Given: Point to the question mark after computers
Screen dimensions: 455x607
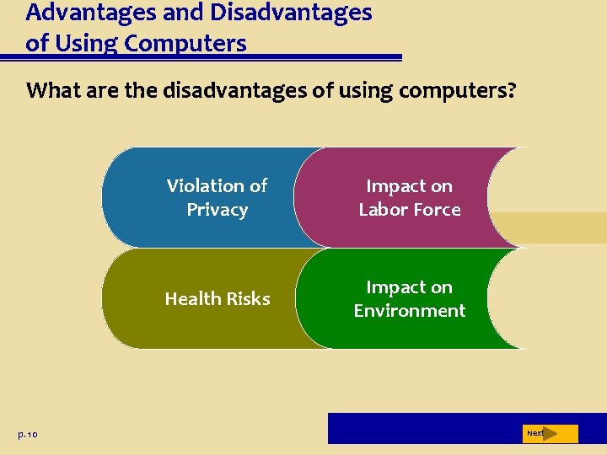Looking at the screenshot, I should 512,90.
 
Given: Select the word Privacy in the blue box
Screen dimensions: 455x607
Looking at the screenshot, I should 217,209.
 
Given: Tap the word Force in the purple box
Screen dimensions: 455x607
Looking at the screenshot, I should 438,209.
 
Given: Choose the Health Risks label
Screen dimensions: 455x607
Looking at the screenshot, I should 218,298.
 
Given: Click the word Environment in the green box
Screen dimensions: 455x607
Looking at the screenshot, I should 409,310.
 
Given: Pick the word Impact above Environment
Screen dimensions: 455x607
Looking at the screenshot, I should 409,287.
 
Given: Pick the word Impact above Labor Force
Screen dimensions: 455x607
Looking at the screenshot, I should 409,186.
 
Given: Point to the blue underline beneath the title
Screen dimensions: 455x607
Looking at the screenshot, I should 202,58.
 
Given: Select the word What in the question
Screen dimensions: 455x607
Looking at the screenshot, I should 52,90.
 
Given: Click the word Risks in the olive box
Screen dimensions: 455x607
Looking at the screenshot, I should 247,298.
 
